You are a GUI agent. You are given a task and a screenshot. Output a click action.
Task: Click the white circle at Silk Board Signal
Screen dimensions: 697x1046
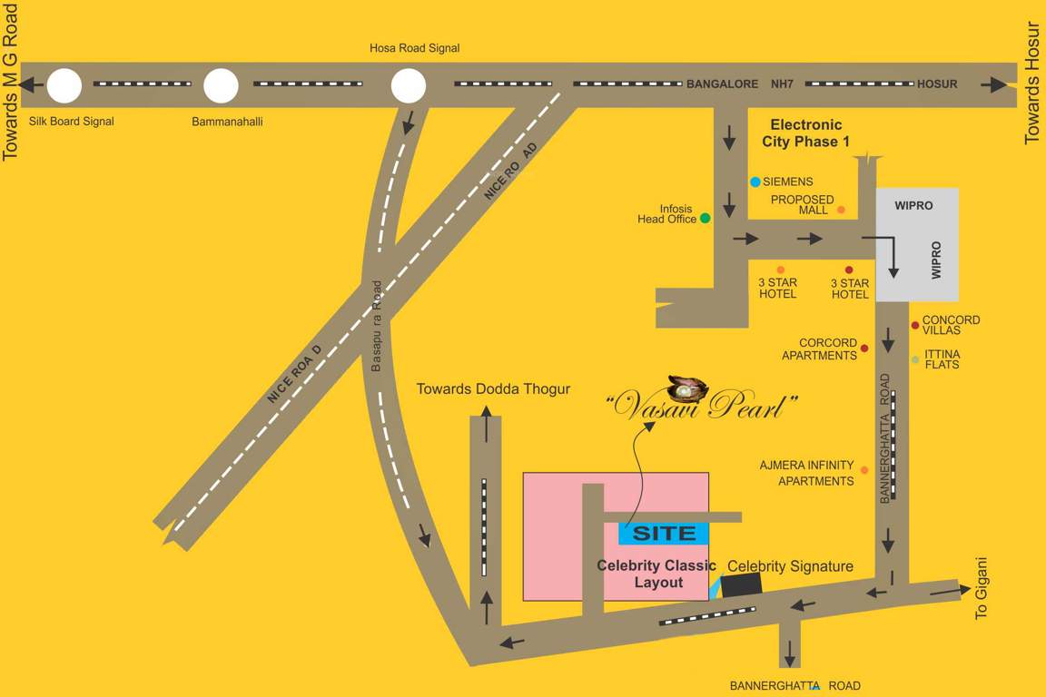click(x=64, y=86)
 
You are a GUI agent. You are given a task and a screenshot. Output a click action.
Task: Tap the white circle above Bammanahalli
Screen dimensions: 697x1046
click(x=221, y=86)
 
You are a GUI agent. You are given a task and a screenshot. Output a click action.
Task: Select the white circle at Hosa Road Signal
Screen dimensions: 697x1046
click(x=409, y=86)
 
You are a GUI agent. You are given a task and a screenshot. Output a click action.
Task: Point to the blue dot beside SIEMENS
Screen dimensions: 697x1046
click(x=755, y=182)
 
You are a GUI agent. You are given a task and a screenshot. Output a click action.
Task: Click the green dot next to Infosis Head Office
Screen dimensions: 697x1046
click(x=705, y=218)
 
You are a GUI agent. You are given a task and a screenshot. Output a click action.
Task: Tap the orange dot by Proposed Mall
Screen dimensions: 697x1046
click(x=841, y=211)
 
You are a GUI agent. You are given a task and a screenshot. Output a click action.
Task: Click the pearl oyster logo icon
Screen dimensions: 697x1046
click(x=687, y=388)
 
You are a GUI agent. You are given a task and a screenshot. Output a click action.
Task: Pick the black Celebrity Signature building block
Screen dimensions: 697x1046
click(x=741, y=585)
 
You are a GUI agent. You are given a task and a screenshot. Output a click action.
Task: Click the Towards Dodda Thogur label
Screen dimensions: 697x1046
click(x=493, y=388)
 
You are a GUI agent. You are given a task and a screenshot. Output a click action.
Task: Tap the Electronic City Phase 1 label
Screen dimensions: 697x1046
click(x=806, y=133)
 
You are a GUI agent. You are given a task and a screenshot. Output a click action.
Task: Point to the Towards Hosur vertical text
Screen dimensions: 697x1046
click(x=1031, y=82)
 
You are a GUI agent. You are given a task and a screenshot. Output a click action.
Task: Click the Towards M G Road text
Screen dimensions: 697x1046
click(x=11, y=82)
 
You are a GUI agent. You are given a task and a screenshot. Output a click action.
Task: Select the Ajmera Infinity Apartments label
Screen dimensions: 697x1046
click(x=806, y=473)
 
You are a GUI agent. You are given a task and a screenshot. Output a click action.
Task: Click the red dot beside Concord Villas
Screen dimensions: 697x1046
click(x=915, y=325)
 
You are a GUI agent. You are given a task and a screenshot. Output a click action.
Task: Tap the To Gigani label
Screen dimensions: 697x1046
click(x=982, y=587)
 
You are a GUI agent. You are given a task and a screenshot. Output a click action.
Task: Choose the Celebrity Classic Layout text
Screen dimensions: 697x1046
click(x=656, y=574)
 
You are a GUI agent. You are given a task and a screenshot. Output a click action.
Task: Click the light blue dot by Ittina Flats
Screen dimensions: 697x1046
click(x=915, y=359)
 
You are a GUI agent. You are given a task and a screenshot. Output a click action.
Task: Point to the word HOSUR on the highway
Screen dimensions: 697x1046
click(x=937, y=84)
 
